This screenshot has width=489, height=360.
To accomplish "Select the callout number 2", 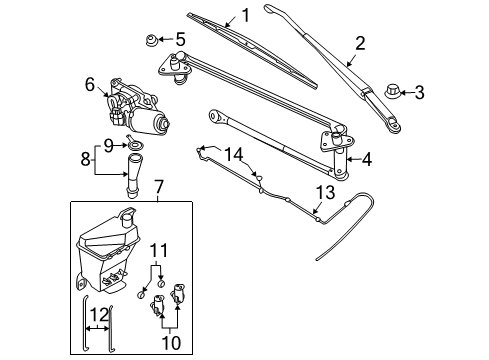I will tap(359, 42).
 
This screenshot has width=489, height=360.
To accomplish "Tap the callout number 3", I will tap(419, 93).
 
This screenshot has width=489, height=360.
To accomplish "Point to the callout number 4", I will tap(366, 157).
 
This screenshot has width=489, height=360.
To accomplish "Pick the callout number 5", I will tap(180, 39).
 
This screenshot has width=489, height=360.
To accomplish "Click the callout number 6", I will tap(89, 85).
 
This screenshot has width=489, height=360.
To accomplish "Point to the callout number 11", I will tap(157, 249).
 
